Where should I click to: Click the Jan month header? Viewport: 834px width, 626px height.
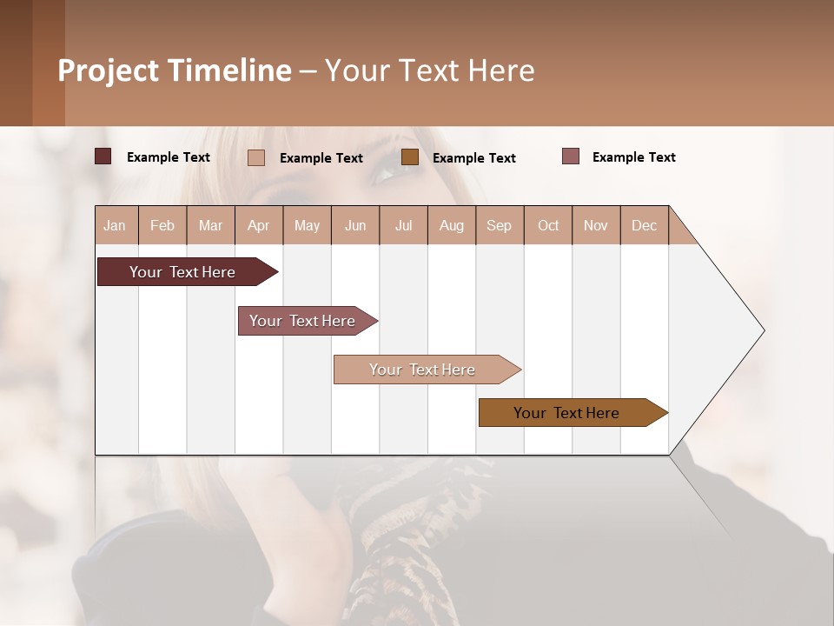(115, 225)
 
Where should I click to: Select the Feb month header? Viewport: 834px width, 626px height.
(162, 225)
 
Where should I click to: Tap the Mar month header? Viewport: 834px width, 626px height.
(210, 225)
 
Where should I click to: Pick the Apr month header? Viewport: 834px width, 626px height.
(259, 225)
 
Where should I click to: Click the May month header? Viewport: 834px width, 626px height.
(307, 225)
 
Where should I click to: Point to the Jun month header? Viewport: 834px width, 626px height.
(355, 225)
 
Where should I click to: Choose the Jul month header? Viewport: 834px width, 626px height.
(403, 225)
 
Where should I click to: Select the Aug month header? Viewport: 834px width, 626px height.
(452, 225)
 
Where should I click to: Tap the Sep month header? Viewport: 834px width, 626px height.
(500, 225)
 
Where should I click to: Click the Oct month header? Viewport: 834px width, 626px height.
(548, 225)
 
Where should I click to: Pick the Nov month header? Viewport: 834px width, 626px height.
(596, 225)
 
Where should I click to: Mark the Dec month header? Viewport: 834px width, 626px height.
(645, 225)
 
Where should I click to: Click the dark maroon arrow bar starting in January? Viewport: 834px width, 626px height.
(183, 272)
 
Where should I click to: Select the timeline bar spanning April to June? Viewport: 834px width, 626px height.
(303, 321)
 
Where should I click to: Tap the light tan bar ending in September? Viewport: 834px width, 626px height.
(423, 370)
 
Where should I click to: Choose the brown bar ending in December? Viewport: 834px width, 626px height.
(567, 413)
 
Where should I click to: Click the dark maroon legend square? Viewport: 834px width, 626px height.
(103, 156)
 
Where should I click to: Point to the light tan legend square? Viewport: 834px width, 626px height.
(256, 157)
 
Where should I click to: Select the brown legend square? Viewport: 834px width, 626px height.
(410, 156)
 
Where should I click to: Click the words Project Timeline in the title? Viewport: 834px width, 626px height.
(175, 70)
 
